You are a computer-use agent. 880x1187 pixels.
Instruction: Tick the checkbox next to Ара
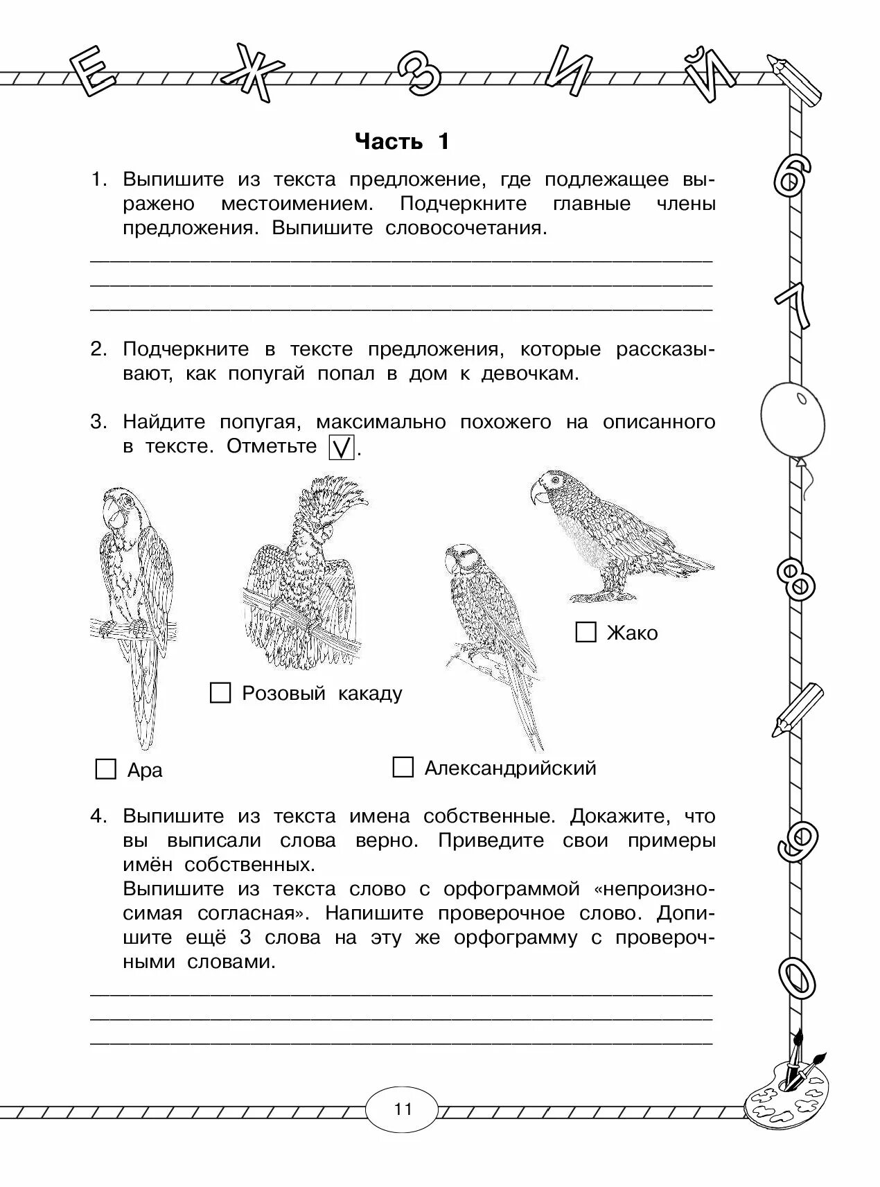tap(105, 769)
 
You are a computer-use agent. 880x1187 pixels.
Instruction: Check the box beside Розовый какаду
tap(220, 692)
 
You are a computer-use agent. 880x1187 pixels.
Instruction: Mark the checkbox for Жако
tap(586, 631)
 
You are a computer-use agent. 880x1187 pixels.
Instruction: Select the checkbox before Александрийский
tap(403, 767)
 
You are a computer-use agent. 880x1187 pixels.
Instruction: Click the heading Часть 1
tap(402, 141)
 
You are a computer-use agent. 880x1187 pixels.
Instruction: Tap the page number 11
tap(403, 1109)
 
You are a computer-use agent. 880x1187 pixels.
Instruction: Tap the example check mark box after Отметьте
tap(341, 447)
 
